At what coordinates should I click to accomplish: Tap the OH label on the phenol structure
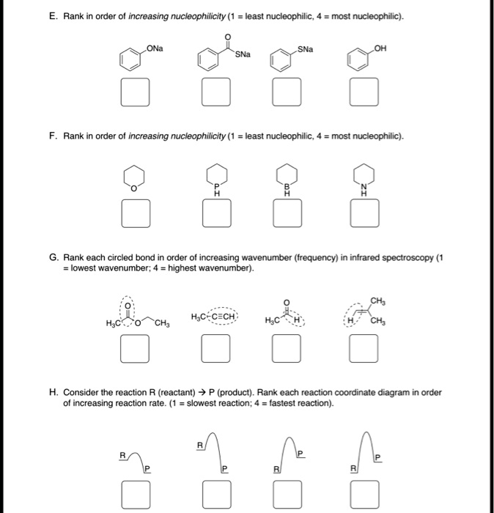378,49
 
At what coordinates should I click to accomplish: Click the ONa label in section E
155,49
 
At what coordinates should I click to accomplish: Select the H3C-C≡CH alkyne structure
213,317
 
